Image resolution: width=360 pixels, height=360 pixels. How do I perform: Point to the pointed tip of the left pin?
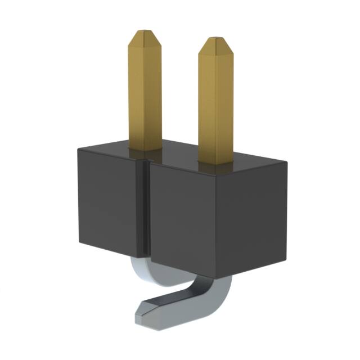tap(144, 33)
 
